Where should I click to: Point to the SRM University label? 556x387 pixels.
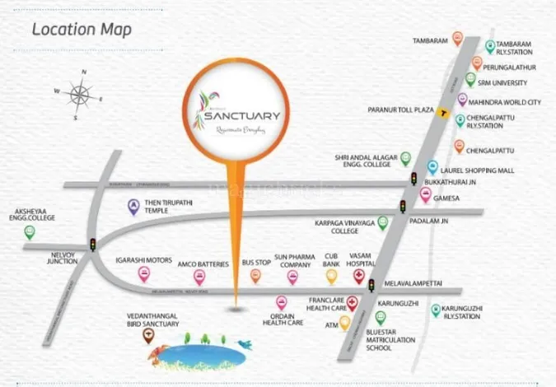pos(508,82)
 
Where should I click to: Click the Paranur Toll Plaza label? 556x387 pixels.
pos(400,110)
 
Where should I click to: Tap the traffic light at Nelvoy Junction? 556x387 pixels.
pos(92,245)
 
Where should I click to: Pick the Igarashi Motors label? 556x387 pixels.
pos(143,260)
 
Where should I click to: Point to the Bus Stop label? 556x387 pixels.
pos(256,263)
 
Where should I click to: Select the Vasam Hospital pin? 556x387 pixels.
pos(358,276)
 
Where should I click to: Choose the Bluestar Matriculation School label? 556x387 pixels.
pos(404,341)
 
